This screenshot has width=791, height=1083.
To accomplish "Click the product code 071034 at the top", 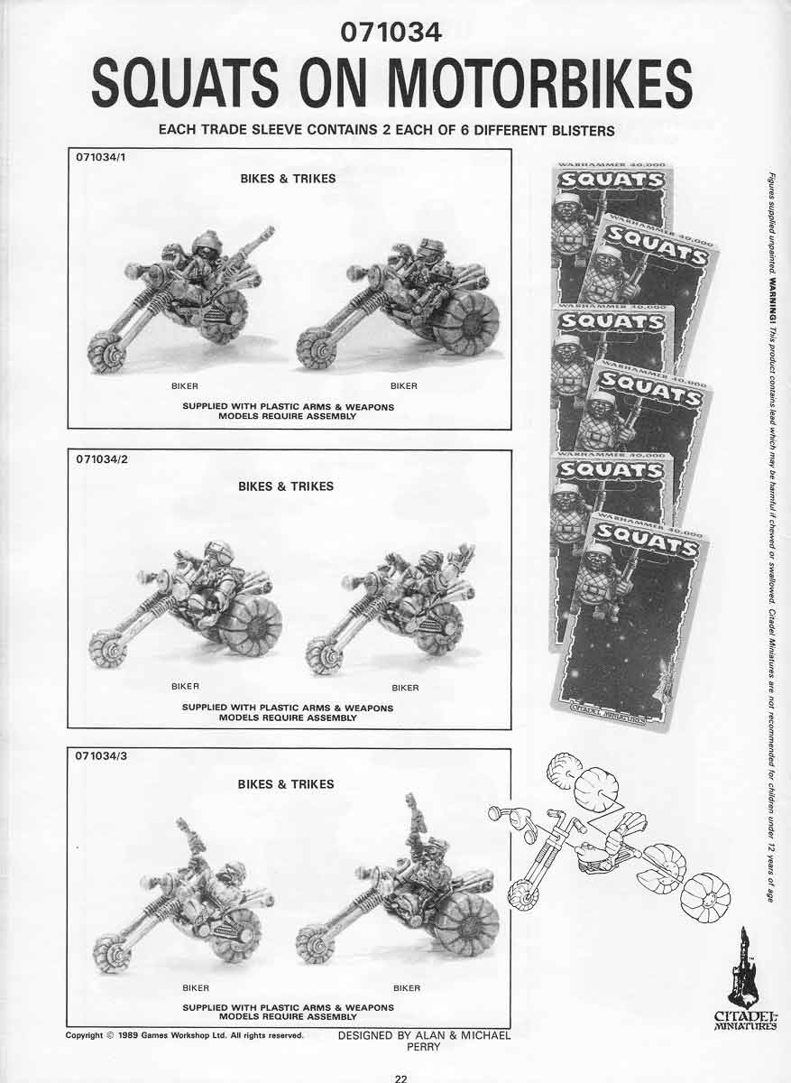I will pyautogui.click(x=391, y=32).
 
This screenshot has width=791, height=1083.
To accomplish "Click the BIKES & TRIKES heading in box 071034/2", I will pyautogui.click(x=286, y=486).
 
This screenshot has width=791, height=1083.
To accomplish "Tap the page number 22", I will pyautogui.click(x=400, y=1076).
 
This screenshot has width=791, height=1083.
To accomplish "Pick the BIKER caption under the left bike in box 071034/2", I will pyautogui.click(x=185, y=687).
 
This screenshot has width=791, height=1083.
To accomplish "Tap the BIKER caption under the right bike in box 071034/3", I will pyautogui.click(x=407, y=988).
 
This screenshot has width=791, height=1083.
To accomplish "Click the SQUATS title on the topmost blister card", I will pyautogui.click(x=611, y=180).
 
